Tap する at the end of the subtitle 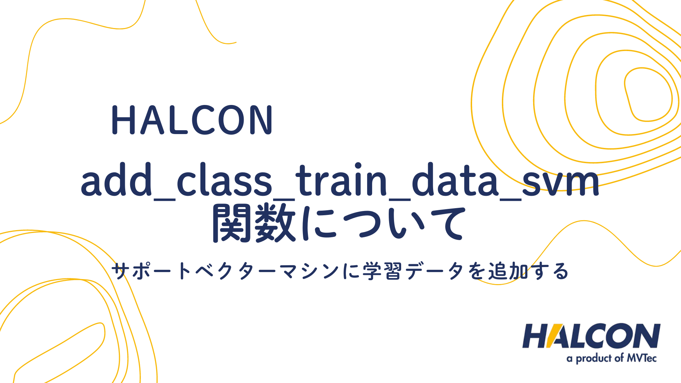pyautogui.click(x=549, y=272)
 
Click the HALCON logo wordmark pyautogui.click(x=591, y=336)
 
